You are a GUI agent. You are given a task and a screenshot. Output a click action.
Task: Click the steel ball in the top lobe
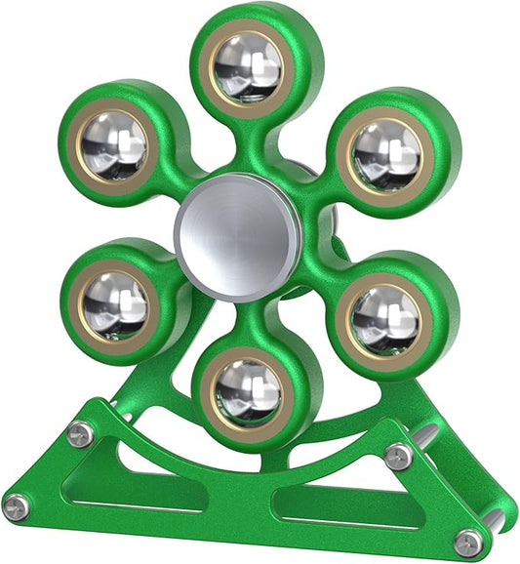(x=248, y=67)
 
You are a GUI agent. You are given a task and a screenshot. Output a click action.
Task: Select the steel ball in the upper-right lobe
(x=386, y=156)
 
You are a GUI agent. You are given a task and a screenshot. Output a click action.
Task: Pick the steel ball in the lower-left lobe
(x=114, y=304)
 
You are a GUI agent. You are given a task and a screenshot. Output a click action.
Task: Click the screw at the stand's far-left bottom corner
(x=16, y=506)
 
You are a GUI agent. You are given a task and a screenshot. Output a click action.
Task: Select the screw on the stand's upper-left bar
(x=82, y=432)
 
